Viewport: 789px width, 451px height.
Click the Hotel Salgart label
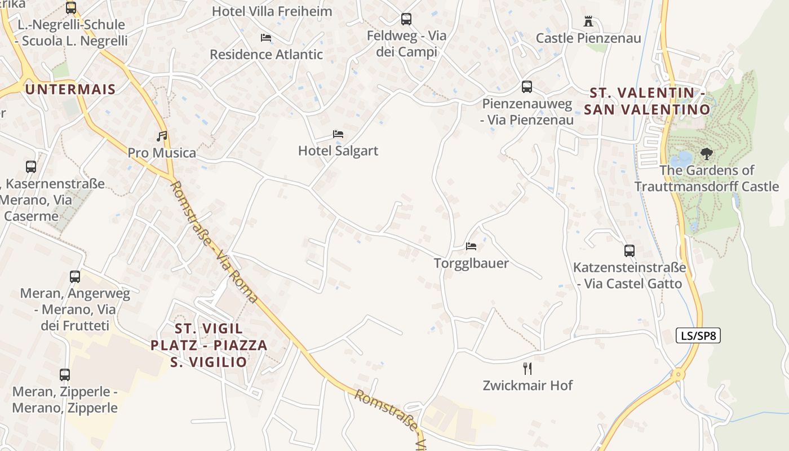[338, 151]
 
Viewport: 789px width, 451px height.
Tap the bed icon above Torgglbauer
[471, 246]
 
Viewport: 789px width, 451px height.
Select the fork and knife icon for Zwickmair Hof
[528, 369]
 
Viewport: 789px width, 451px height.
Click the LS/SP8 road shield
[698, 336]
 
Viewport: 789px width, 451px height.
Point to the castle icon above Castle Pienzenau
[588, 22]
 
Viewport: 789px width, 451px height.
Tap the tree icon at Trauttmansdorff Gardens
[706, 153]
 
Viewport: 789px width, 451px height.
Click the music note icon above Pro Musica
[162, 136]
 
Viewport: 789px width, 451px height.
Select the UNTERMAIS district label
[70, 89]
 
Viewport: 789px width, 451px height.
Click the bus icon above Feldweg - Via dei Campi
[406, 19]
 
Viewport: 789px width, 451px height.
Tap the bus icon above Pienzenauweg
[527, 87]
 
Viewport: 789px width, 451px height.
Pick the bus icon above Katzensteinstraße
[630, 251]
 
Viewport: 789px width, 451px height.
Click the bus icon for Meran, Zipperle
[65, 375]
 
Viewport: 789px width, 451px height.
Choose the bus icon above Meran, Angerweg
[75, 277]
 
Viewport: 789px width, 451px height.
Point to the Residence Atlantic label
[267, 55]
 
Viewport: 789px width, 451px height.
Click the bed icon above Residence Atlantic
[266, 38]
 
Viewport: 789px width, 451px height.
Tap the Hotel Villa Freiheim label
[272, 11]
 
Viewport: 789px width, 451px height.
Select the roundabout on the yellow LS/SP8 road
[679, 374]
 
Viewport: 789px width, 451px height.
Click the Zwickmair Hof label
[528, 386]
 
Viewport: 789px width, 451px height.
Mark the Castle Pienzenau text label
[588, 38]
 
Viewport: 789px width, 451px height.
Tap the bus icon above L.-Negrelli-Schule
[71, 8]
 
